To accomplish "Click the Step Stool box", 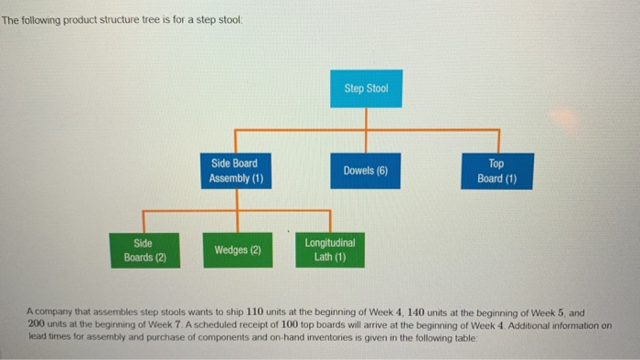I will [366, 89].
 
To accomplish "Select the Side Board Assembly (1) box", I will [236, 171].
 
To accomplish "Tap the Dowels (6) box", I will [366, 171].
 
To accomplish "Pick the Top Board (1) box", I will [496, 171].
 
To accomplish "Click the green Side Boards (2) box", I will [144, 249].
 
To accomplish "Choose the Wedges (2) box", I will [237, 249].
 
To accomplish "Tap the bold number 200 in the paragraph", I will [37, 323].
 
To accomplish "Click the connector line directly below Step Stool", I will [366, 119].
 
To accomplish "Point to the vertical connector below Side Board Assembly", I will [236, 201].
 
